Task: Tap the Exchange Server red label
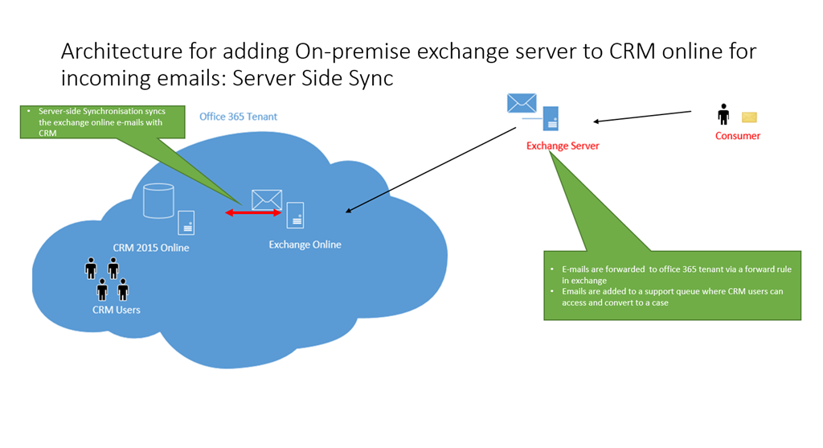[x=562, y=146]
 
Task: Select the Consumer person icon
[x=723, y=114]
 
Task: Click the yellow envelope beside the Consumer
[x=749, y=117]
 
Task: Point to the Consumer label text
[x=737, y=136]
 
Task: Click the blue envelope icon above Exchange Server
[x=522, y=103]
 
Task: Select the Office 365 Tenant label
[x=238, y=117]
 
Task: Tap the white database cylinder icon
[x=158, y=201]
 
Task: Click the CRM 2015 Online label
[x=151, y=248]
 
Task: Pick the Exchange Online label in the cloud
[x=305, y=245]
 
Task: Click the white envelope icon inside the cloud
[x=267, y=199]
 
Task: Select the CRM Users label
[x=117, y=309]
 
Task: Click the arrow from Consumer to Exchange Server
[x=643, y=117]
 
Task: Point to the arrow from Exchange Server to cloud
[x=430, y=169]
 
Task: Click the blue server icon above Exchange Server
[x=551, y=117]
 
